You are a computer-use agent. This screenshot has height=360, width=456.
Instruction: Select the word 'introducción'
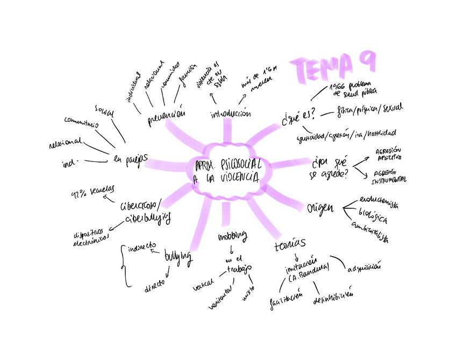[231, 114]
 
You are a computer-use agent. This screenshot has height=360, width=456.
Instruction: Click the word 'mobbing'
[232, 236]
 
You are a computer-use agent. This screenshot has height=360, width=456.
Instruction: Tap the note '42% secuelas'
[93, 194]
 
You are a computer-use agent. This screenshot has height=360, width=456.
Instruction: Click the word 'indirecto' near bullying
[141, 248]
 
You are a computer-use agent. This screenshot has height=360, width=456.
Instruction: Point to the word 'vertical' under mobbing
[204, 283]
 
